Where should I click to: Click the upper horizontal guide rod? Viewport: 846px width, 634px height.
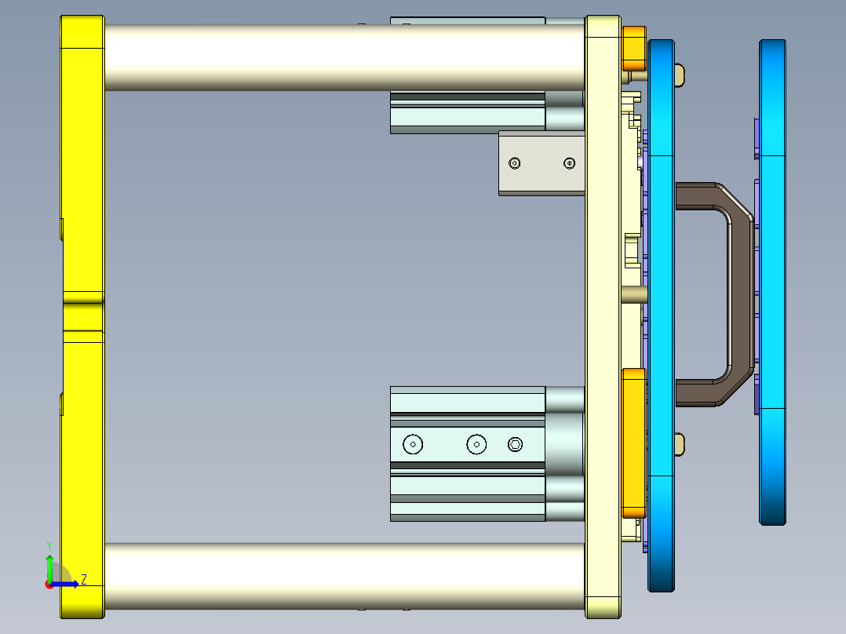point(345,56)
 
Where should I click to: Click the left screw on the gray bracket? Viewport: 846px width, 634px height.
point(515,163)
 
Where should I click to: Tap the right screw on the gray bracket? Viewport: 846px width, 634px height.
point(569,163)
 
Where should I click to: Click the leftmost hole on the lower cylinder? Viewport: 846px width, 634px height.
point(413,444)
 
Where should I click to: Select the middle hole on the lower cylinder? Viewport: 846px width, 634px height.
point(476,444)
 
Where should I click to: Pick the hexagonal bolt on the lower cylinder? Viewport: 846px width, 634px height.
point(515,444)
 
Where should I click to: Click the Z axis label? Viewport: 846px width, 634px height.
point(83,579)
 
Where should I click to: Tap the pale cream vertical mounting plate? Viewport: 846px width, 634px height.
point(603,314)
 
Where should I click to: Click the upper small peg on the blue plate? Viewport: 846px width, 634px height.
point(680,75)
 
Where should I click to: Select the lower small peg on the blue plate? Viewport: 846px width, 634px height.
point(680,444)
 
